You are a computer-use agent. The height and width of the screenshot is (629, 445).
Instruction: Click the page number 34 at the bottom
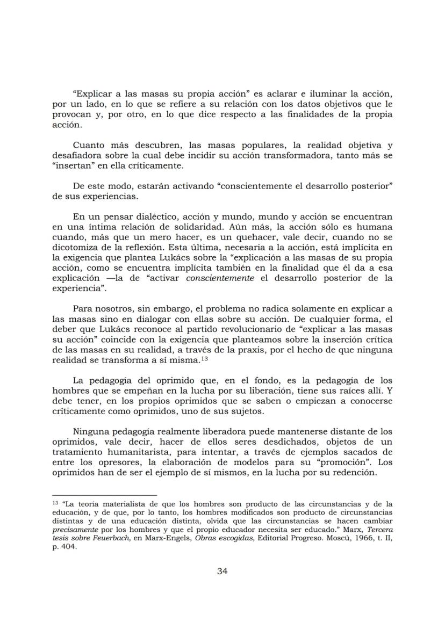[222, 571]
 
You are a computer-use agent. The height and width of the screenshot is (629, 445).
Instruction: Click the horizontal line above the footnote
[104, 495]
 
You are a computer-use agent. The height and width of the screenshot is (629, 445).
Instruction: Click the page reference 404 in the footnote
[68, 547]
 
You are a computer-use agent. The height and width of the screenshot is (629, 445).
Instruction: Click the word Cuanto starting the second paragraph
[88, 145]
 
